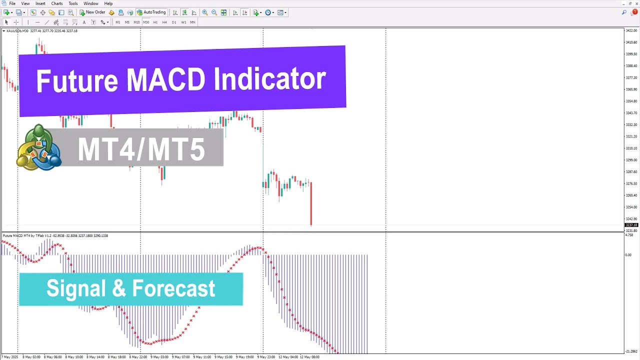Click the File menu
tap(12, 3)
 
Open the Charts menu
tap(57, 3)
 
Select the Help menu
tap(108, 3)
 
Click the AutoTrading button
tap(151, 12)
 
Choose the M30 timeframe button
tap(146, 22)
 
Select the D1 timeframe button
tap(174, 22)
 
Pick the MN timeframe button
tap(192, 22)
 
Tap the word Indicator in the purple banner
tap(270, 80)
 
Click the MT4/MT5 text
tap(141, 149)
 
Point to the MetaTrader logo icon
tap(38, 147)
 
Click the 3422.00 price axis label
tap(631, 30)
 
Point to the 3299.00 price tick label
tap(631, 160)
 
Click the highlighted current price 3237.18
tap(631, 225)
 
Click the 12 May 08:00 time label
tap(309, 357)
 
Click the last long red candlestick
tap(311, 202)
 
